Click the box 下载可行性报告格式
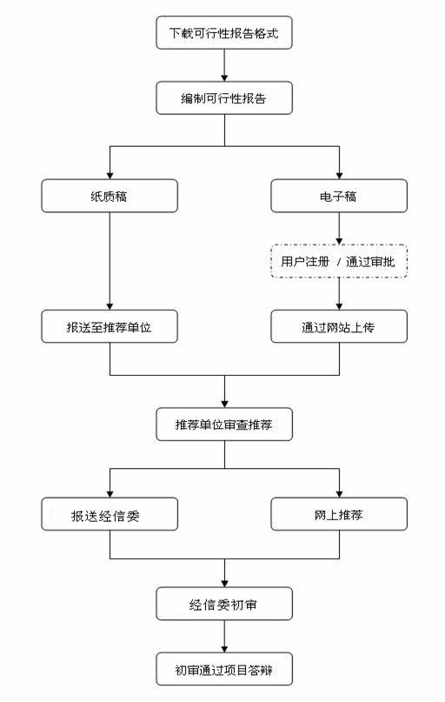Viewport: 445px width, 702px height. (x=224, y=33)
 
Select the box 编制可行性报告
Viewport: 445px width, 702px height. (x=224, y=97)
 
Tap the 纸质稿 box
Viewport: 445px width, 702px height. (x=110, y=196)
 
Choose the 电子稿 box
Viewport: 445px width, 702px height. (x=339, y=196)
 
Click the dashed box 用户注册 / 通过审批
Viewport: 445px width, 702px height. (x=339, y=261)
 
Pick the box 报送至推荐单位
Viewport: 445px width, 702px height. (x=110, y=326)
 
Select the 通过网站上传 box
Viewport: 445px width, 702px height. (x=339, y=326)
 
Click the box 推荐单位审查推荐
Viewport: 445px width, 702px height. (x=224, y=424)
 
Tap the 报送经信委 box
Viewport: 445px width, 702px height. (x=110, y=514)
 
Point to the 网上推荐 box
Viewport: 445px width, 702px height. (x=339, y=514)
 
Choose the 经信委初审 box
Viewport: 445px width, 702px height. (x=224, y=604)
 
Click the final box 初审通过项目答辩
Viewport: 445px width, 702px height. (x=224, y=669)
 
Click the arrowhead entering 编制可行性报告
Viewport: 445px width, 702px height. (x=224, y=77)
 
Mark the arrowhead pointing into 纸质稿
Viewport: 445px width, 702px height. (x=110, y=176)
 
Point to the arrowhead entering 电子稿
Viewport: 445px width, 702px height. (x=339, y=176)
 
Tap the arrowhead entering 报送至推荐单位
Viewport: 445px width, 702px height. (x=110, y=306)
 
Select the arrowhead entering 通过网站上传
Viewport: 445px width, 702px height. (x=339, y=306)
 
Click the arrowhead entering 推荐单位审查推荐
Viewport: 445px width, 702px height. (x=224, y=404)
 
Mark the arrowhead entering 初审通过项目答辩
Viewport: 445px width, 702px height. (x=224, y=649)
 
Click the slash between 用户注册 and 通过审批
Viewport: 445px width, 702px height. (x=338, y=262)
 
